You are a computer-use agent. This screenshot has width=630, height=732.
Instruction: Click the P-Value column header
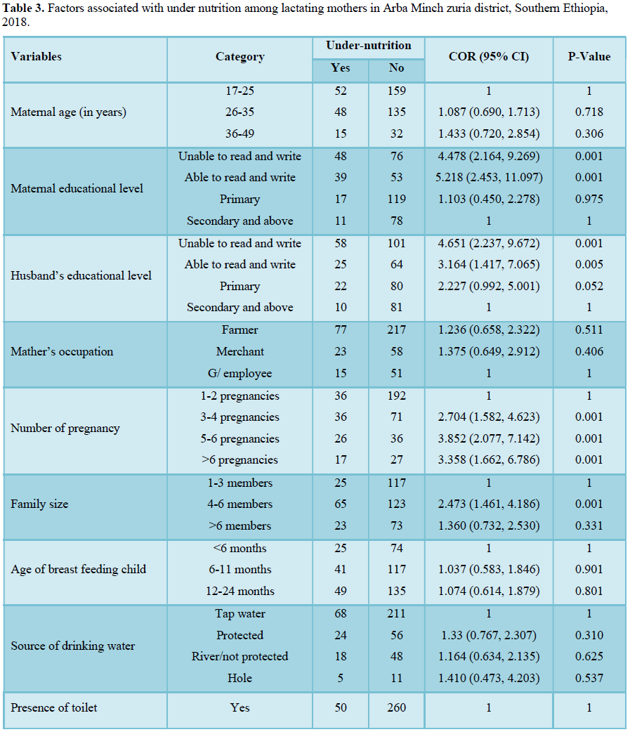(x=589, y=57)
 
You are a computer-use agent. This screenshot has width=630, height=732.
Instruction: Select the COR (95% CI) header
(x=489, y=57)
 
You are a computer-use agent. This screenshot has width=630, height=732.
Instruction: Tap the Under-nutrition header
(x=368, y=45)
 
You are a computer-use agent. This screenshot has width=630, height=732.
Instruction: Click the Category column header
(x=240, y=57)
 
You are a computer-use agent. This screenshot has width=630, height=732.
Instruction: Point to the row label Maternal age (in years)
(x=69, y=112)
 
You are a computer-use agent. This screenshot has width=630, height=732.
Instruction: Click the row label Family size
(x=39, y=504)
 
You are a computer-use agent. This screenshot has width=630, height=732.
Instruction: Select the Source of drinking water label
(x=73, y=646)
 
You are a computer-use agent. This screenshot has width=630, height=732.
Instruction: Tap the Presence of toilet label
(x=53, y=707)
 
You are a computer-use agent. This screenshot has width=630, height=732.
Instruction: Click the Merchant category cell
(x=240, y=351)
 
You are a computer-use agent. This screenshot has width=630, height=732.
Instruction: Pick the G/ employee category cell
(x=240, y=374)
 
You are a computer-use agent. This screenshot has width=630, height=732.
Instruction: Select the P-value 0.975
(x=589, y=200)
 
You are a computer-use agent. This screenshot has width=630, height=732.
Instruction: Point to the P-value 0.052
(x=589, y=286)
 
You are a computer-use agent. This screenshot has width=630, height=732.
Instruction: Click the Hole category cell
(x=240, y=678)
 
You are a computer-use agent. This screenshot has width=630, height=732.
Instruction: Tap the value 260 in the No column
(x=396, y=707)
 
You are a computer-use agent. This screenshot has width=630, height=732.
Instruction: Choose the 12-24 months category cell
(x=240, y=591)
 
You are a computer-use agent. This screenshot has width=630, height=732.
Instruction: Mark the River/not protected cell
(x=240, y=656)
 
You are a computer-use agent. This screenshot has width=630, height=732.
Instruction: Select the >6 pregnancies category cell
(x=240, y=460)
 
